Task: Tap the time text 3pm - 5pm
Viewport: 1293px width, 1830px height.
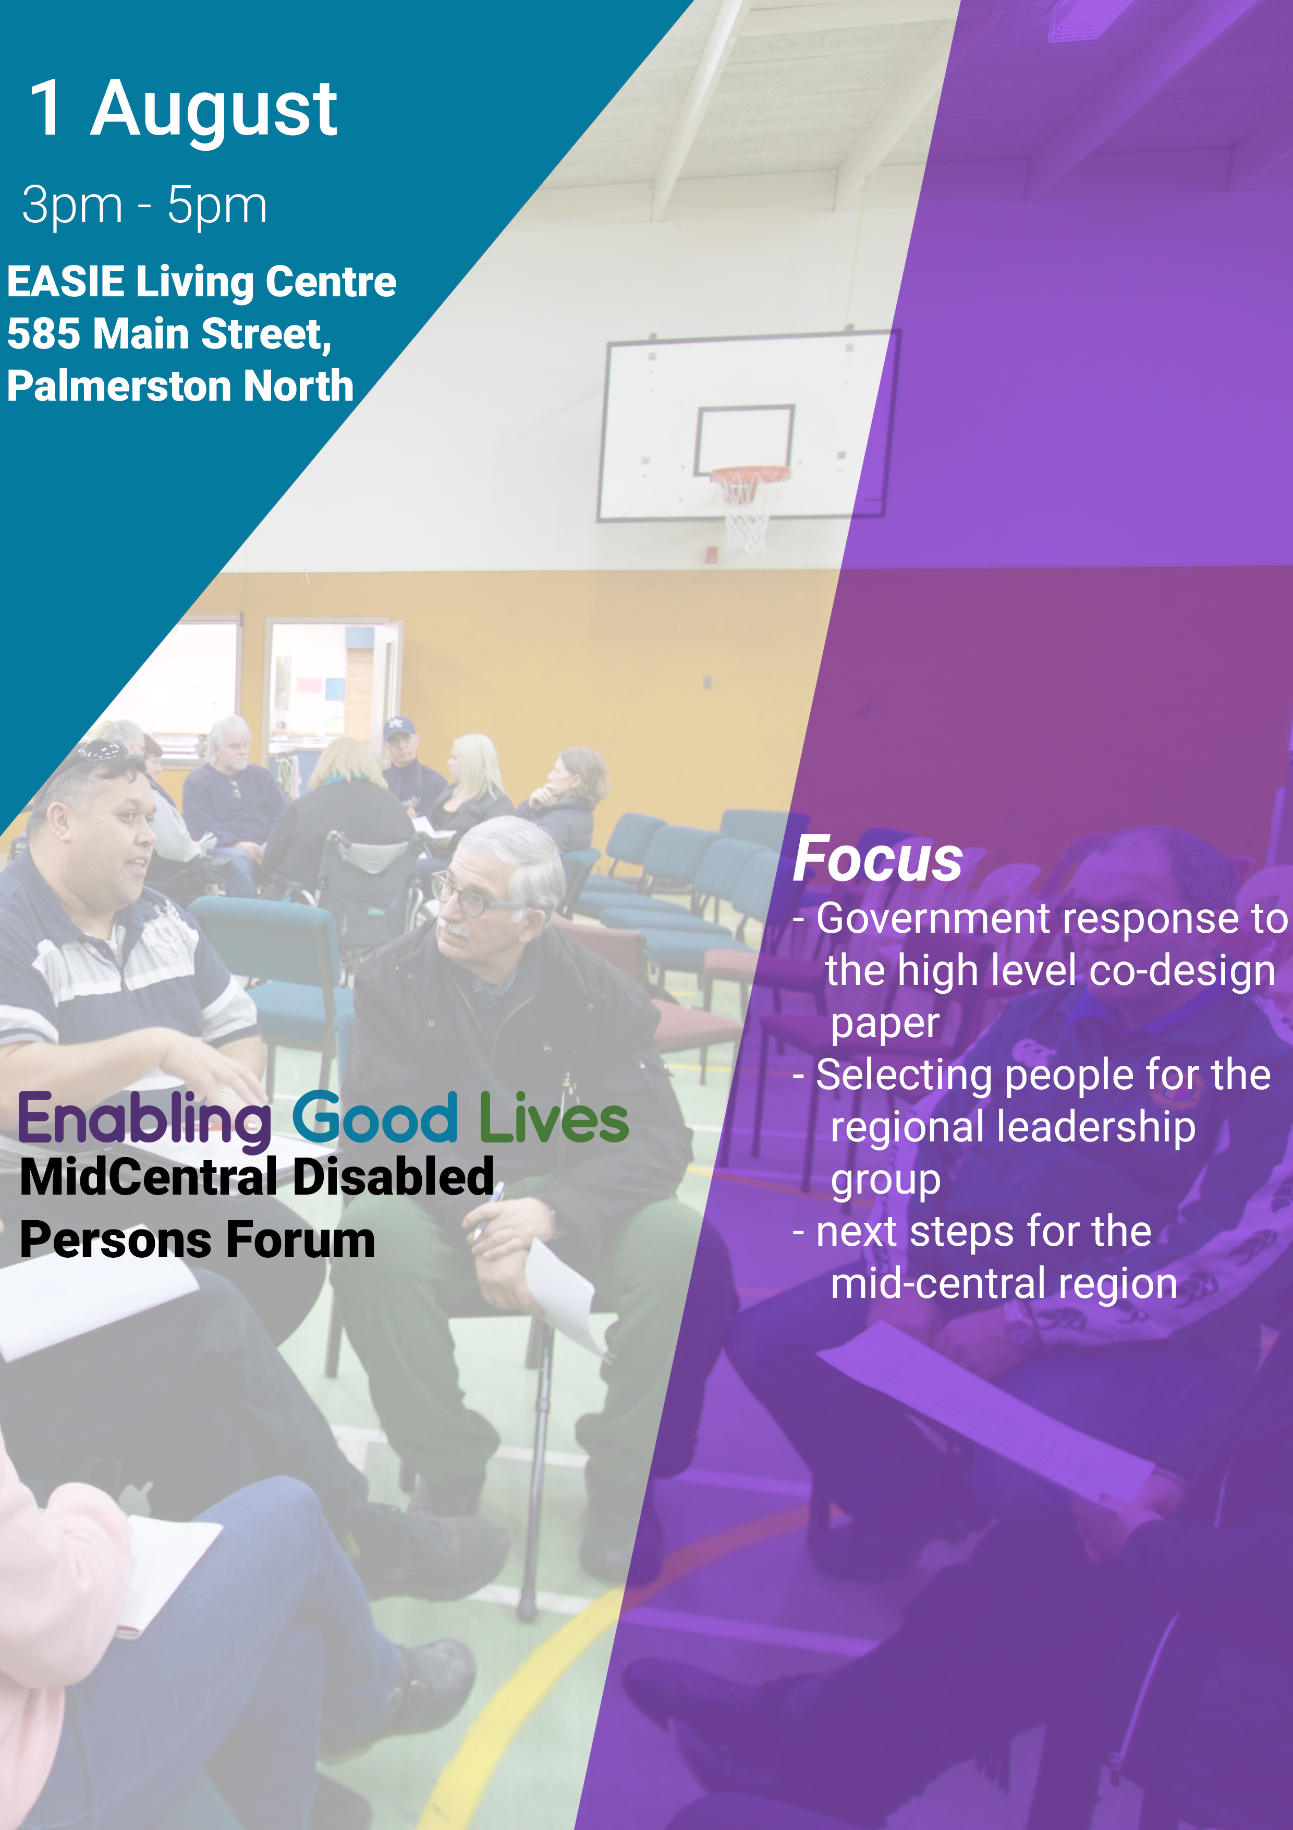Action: [144, 206]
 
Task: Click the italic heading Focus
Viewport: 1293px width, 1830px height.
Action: [878, 859]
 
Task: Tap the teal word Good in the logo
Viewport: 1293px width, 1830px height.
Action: [374, 1117]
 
